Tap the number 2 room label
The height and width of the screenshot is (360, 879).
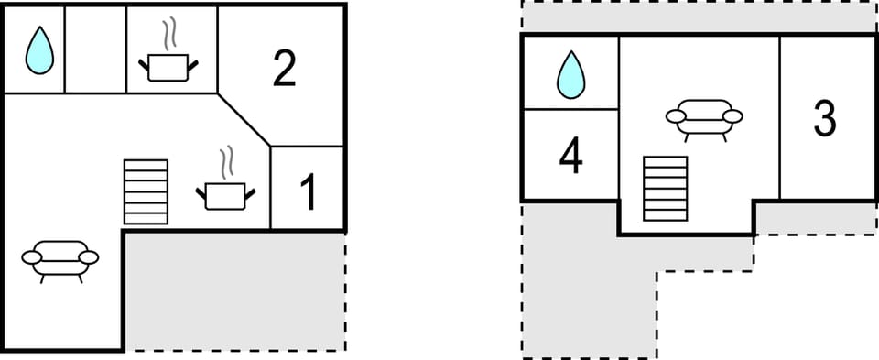[285, 69]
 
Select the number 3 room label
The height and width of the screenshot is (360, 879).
[825, 119]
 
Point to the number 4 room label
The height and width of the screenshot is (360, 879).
[570, 157]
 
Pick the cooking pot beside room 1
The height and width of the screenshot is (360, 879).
[224, 195]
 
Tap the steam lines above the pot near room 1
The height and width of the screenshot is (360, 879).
[225, 162]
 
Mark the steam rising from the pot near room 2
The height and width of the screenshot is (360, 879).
[168, 34]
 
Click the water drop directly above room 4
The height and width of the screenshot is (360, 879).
[571, 74]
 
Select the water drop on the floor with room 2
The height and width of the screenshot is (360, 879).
[38, 49]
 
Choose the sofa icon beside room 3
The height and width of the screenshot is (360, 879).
[703, 118]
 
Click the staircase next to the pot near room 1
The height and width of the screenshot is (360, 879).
[146, 191]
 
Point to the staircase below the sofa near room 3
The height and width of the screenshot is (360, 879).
[665, 189]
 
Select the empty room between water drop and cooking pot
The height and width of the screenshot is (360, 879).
[95, 49]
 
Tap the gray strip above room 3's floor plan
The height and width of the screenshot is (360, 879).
[698, 17]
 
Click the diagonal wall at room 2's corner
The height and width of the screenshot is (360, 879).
[245, 119]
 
